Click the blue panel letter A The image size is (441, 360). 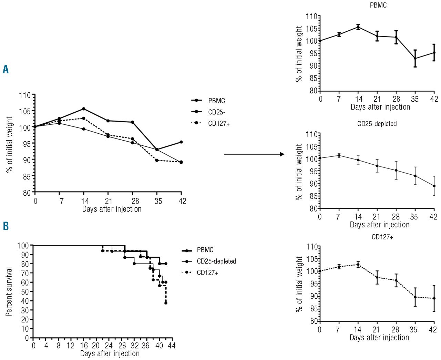point(6,69)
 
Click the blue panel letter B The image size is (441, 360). point(6,226)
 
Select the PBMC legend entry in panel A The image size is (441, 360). point(216,101)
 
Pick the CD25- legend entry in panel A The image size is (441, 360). point(217,112)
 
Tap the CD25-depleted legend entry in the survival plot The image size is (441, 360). point(216,261)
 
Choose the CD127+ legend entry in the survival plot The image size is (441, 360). point(207,272)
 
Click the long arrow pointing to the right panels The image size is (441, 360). point(254,154)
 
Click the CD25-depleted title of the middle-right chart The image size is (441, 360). point(377,123)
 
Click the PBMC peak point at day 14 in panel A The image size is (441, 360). point(84,109)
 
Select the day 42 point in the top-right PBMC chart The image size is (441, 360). point(434,52)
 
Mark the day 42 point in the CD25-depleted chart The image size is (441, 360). point(434,186)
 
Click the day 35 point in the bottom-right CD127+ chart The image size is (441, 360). point(415,297)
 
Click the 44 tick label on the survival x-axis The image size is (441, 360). point(172,345)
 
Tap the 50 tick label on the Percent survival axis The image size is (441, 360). point(25,291)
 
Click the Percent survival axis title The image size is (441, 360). point(9,291)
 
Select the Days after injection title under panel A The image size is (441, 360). point(112,209)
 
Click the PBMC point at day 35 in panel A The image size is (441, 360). point(157,150)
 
